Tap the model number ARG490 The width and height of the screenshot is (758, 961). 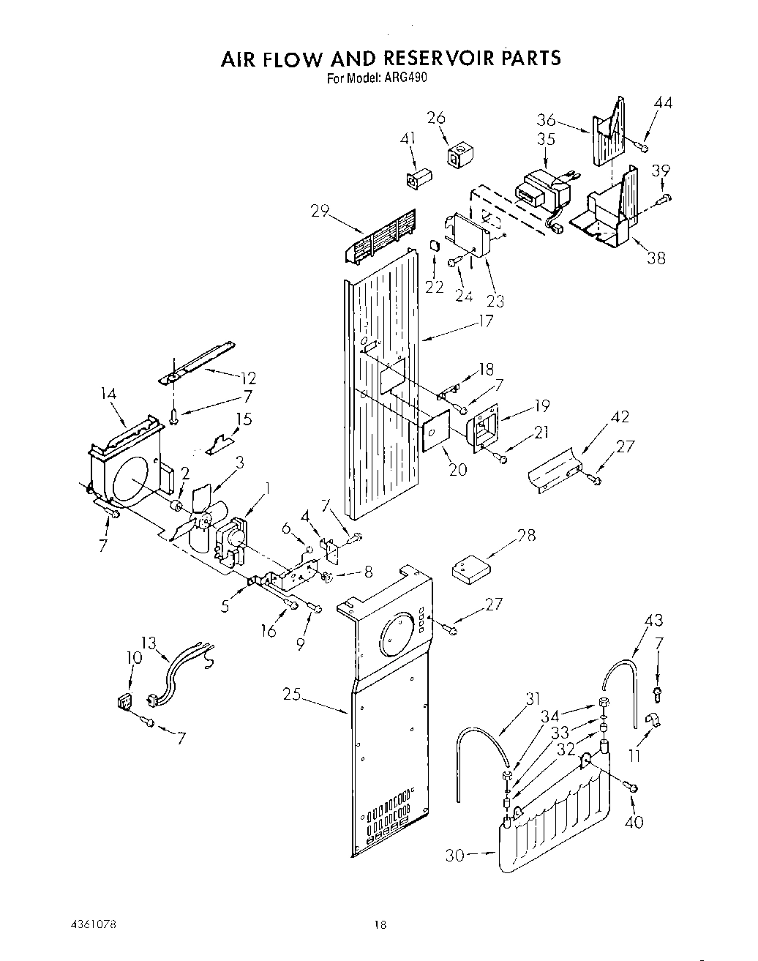click(407, 79)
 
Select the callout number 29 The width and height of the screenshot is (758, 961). click(320, 212)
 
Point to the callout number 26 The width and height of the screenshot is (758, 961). click(436, 118)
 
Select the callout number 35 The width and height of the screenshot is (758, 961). click(546, 139)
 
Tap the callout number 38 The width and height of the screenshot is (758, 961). click(656, 258)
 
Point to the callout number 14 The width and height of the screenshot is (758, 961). click(108, 394)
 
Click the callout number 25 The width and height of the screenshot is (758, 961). click(292, 694)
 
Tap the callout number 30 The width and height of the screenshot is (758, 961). click(455, 854)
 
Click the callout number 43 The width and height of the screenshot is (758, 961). click(653, 621)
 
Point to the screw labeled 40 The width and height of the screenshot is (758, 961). click(633, 787)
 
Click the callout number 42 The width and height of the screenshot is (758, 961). click(620, 417)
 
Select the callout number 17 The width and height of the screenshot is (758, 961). click(484, 321)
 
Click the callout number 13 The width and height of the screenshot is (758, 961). click(149, 643)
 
